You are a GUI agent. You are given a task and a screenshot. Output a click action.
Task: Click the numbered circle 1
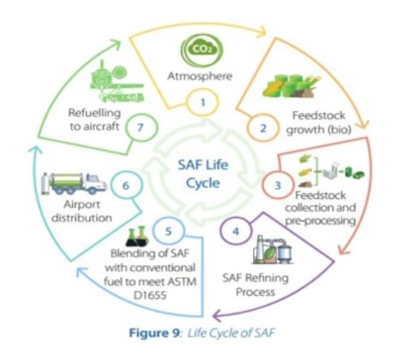tap(203, 102)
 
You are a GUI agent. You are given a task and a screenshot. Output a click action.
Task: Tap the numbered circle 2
tap(262, 128)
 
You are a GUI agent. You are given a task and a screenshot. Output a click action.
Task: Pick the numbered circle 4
tap(237, 232)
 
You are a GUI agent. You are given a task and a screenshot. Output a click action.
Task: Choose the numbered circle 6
tap(126, 185)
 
